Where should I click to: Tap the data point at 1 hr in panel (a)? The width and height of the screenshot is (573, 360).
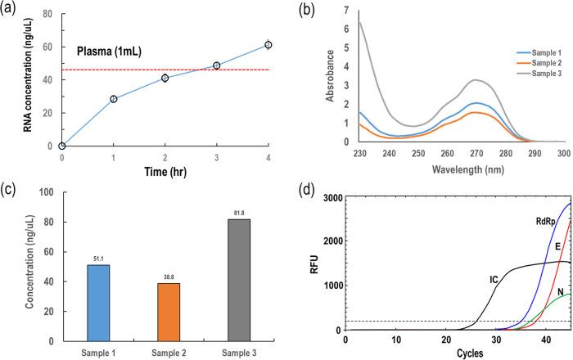tap(114, 99)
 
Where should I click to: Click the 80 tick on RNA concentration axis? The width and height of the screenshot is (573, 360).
tap(51, 14)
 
